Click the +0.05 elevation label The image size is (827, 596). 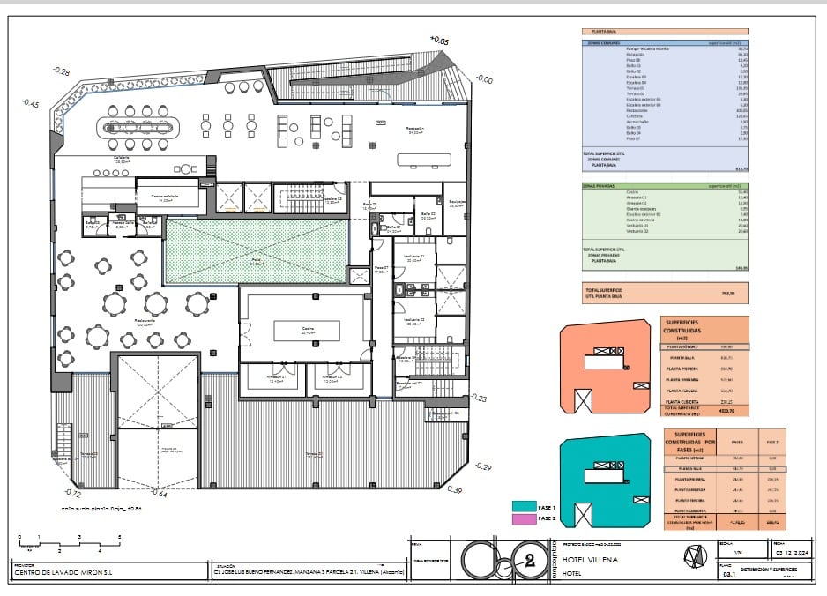pos(439,40)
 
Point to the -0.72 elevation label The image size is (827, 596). pos(73,494)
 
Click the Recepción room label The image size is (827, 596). pos(416,130)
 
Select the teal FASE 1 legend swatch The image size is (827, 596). pos(525,505)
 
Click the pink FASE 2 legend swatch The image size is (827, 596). pos(525,518)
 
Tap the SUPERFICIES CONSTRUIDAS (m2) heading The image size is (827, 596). pos(691,330)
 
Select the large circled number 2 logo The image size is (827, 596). pos(529,559)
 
